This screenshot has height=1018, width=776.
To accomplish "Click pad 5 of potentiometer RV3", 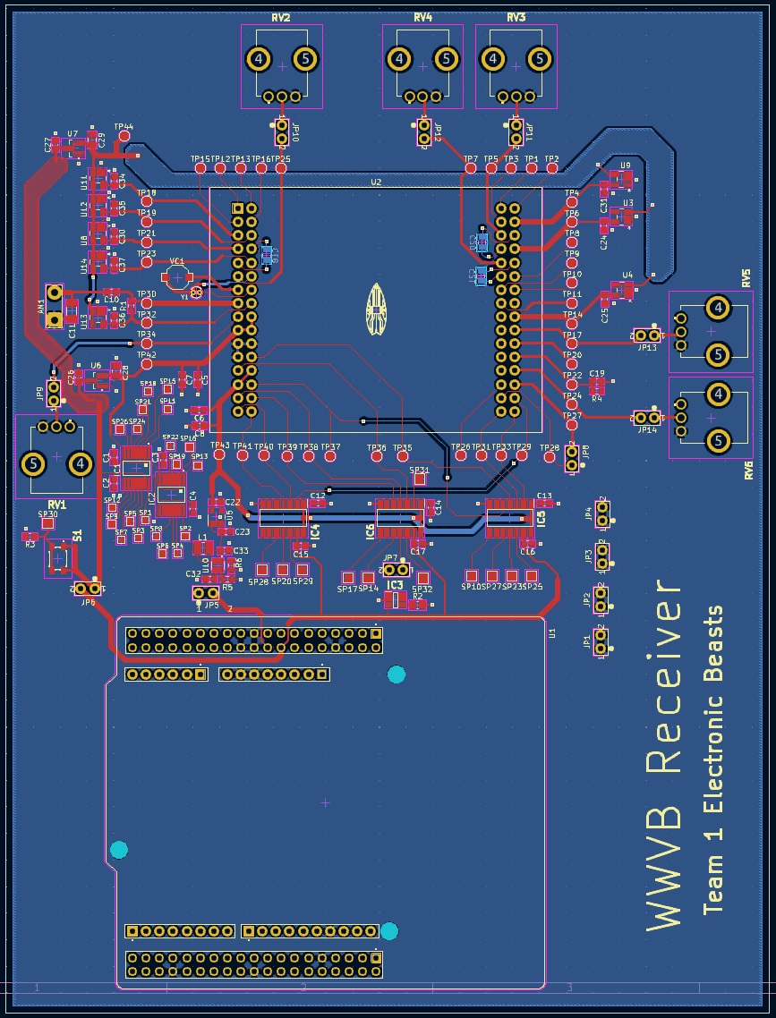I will pyautogui.click(x=539, y=59).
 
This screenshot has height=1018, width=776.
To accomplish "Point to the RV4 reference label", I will pyautogui.click(x=422, y=17).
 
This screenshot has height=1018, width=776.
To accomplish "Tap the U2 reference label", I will pyautogui.click(x=376, y=182).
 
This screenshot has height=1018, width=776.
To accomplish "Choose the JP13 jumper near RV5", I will pyautogui.click(x=647, y=335).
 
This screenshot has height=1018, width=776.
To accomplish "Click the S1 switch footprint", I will pyautogui.click(x=59, y=558).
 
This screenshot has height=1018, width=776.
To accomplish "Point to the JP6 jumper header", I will pyautogui.click(x=87, y=589).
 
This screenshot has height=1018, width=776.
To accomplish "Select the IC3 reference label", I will pyautogui.click(x=394, y=584).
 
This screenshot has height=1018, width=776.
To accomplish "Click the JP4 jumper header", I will pyautogui.click(x=602, y=513).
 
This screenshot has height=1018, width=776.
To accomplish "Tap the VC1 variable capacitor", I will pyautogui.click(x=177, y=277).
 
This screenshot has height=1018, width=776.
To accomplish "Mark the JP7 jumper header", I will pyautogui.click(x=397, y=569).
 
